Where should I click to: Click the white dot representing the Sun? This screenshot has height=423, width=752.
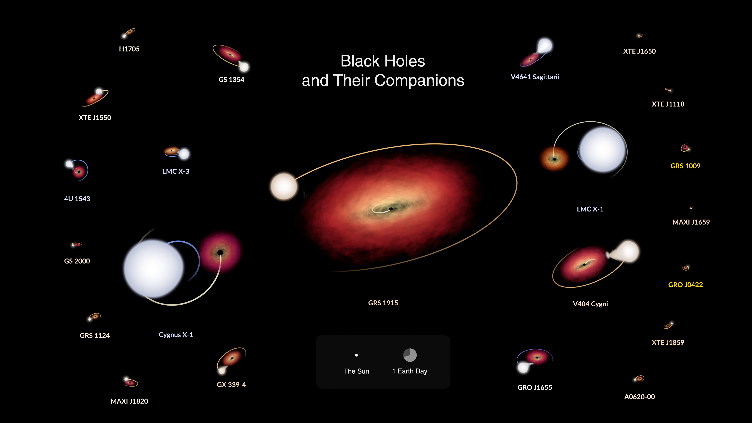(356, 355)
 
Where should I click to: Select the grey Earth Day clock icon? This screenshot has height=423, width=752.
(410, 355)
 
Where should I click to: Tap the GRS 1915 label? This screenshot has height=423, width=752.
(383, 303)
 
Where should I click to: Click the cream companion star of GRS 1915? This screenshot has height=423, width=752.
(283, 186)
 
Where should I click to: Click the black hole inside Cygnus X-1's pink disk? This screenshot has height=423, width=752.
(220, 252)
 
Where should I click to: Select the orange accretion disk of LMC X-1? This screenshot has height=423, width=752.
(554, 159)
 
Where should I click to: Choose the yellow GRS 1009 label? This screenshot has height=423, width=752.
(685, 166)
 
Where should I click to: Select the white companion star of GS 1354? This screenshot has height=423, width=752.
(244, 67)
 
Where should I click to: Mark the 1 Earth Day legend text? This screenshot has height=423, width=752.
(409, 371)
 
